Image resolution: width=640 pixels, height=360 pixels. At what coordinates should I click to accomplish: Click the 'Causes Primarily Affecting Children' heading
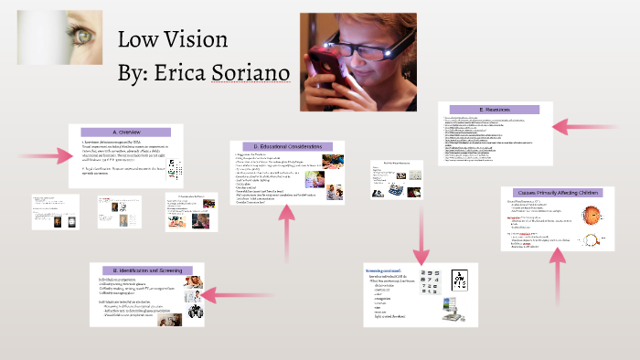click(x=557, y=193)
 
